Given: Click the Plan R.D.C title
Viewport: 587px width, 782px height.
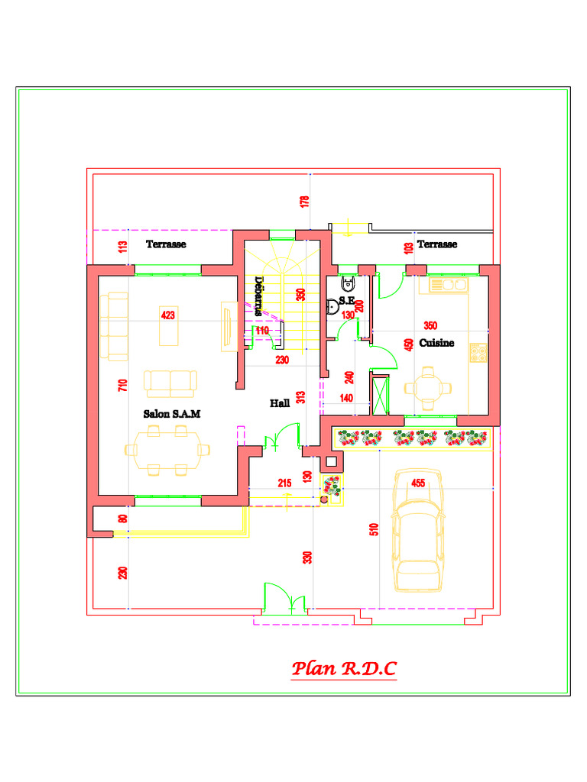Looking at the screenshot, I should click(x=344, y=670).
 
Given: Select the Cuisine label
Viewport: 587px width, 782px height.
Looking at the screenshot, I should click(x=436, y=343).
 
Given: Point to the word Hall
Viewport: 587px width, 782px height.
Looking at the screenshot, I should click(x=280, y=402).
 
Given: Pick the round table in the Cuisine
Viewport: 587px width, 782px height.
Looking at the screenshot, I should click(x=429, y=386).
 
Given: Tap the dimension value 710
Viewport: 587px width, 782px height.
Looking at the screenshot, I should click(x=122, y=386).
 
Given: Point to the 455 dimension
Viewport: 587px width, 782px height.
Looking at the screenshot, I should click(x=418, y=483).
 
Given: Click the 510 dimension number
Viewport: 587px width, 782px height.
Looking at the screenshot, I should click(x=374, y=529).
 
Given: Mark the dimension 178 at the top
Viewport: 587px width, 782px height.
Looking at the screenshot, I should click(x=305, y=202).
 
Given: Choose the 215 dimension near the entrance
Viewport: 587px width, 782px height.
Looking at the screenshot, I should click(x=284, y=483).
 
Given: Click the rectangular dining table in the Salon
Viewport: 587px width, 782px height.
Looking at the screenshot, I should click(x=167, y=449).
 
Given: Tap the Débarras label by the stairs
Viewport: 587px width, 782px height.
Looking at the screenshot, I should click(x=258, y=296).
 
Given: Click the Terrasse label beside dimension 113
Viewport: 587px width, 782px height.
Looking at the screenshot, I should click(x=166, y=244).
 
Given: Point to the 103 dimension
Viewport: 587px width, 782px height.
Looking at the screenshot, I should click(x=408, y=247).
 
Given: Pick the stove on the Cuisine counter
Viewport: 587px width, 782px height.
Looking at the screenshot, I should click(x=478, y=352).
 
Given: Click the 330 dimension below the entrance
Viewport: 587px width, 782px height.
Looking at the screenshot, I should click(x=307, y=557).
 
